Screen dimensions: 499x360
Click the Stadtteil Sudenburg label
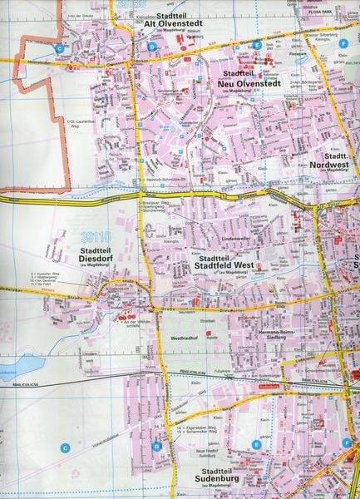[198, 476]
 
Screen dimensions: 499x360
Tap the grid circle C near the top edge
[60, 49]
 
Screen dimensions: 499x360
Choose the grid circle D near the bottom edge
[155, 446]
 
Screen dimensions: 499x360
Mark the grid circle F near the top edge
[343, 42]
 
